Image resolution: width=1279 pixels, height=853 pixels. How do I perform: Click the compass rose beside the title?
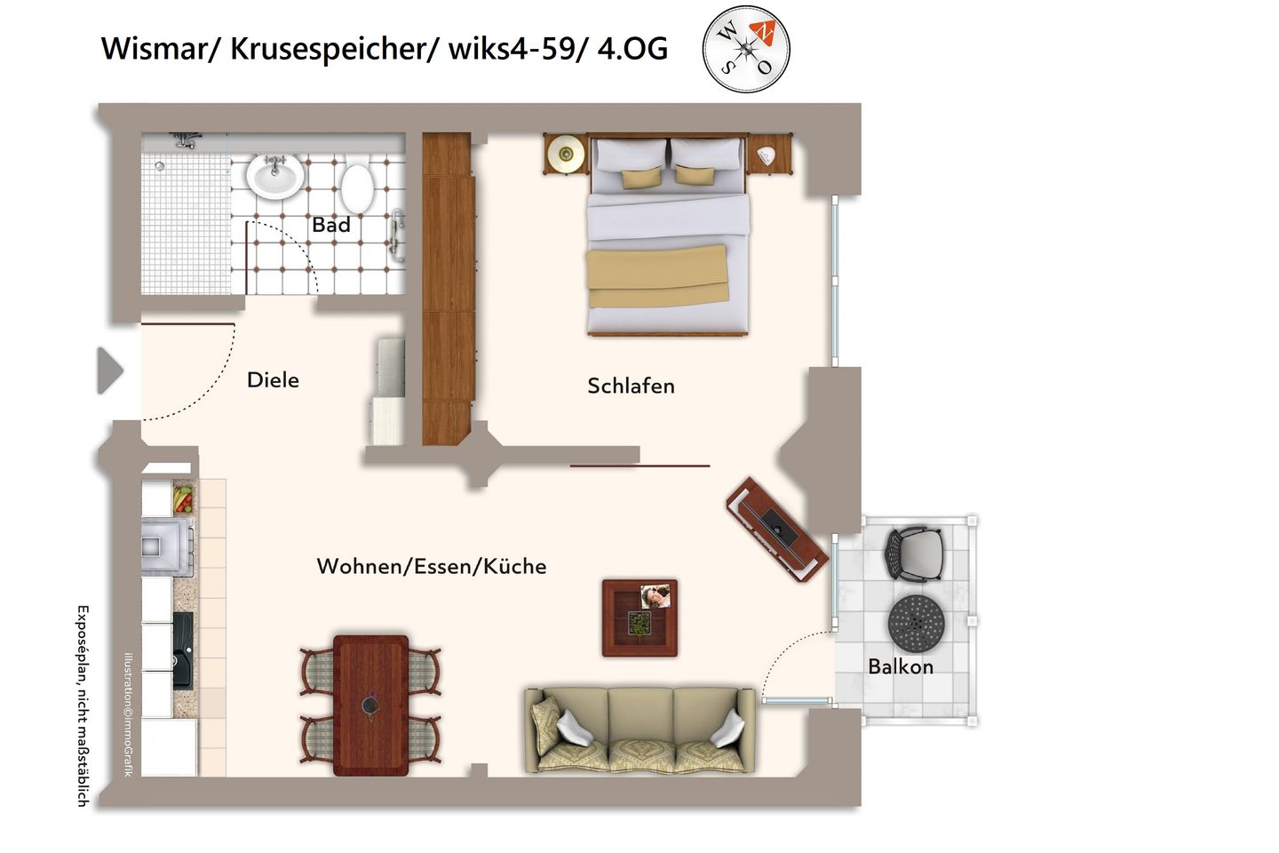tap(745, 49)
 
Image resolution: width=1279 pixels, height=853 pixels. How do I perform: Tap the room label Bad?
tap(331, 226)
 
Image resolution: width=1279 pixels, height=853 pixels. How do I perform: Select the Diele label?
tap(273, 380)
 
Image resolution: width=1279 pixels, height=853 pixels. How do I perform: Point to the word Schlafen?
tap(631, 386)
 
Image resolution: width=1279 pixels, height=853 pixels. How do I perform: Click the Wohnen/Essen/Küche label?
tap(432, 566)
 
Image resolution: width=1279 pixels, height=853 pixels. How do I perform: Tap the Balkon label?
tap(901, 666)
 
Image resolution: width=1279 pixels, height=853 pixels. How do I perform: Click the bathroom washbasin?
tap(275, 175)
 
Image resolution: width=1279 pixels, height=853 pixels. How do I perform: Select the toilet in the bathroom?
tap(357, 187)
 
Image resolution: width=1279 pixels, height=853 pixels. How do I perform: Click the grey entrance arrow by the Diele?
tap(109, 371)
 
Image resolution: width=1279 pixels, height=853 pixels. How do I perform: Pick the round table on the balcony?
tap(915, 622)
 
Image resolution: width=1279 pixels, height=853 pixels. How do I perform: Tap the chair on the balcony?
tap(914, 554)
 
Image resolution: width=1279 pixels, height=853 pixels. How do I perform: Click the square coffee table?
tap(639, 618)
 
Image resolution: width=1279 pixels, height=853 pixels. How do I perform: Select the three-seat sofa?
tap(640, 729)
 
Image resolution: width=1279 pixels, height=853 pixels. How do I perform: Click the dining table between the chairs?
tap(371, 705)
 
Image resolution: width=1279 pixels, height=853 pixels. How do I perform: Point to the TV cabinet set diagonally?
tap(777, 530)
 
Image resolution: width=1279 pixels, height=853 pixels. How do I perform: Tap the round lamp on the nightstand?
tap(564, 155)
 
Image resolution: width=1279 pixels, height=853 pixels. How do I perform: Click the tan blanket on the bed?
tap(656, 276)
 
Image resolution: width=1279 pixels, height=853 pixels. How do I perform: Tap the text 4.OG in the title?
tap(632, 48)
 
